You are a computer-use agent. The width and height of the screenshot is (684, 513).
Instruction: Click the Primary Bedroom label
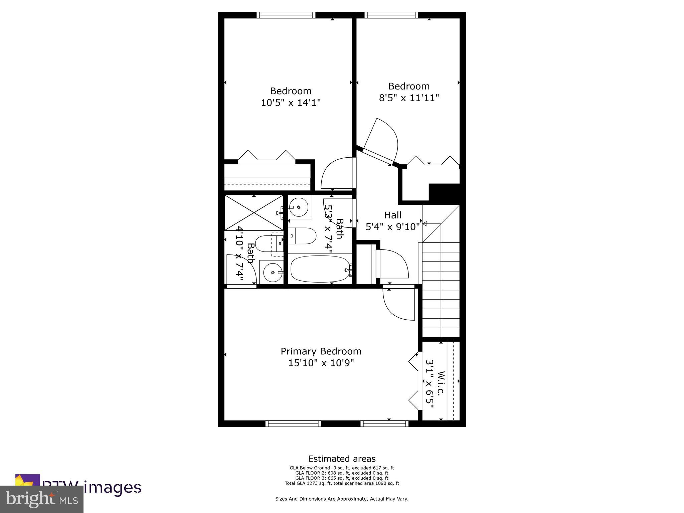[x=321, y=351]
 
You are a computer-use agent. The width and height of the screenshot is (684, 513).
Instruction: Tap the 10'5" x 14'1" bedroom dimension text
[x=291, y=103]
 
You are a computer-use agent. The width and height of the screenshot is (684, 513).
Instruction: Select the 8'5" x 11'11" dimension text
[x=408, y=98]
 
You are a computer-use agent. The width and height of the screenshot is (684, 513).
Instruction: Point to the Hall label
[x=392, y=215]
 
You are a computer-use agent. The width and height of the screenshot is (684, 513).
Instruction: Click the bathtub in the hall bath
[x=320, y=269]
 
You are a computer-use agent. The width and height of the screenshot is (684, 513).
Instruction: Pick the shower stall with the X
[x=253, y=213]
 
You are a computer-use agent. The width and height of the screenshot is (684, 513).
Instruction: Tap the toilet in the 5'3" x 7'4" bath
[x=302, y=236]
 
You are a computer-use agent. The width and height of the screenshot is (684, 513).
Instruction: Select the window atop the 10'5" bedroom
[x=286, y=15]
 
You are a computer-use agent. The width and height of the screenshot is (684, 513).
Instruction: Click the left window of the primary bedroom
[x=293, y=423]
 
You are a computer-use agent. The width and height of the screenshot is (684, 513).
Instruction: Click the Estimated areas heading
[x=342, y=459]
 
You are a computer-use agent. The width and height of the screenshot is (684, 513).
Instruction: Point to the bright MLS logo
[x=42, y=499]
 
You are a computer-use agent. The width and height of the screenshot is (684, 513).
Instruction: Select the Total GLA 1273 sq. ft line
[x=342, y=483]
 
